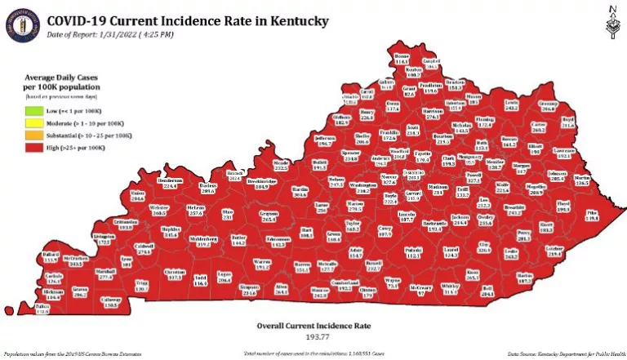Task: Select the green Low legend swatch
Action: (x=32, y=110)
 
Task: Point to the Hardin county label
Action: (x=300, y=193)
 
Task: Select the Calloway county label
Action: (x=110, y=304)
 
